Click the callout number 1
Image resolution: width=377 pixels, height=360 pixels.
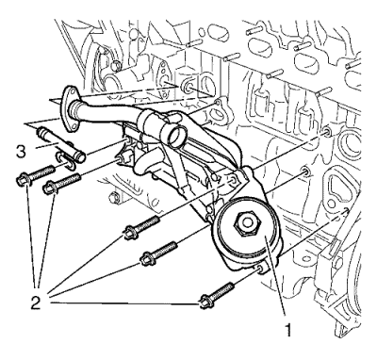click(x=288, y=330)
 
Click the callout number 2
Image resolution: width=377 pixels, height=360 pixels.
click(x=36, y=303)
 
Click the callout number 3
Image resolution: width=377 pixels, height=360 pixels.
click(x=21, y=152)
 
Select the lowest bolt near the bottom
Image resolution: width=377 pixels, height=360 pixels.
click(x=216, y=296)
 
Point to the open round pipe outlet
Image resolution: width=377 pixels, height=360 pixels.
click(x=175, y=136)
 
